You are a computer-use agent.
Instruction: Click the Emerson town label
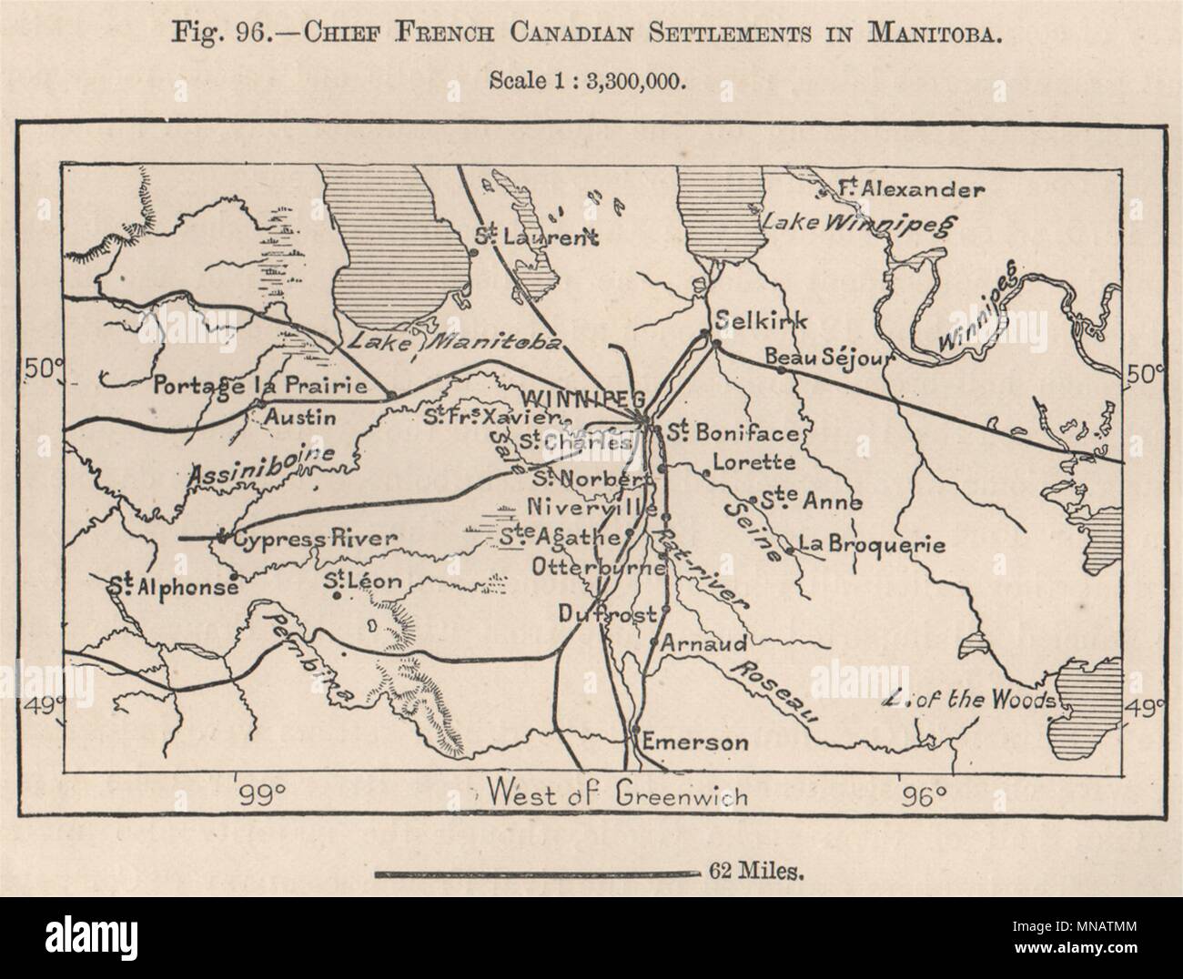[x=695, y=742]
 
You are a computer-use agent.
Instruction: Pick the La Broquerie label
[x=871, y=546]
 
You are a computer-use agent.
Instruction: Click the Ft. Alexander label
[x=911, y=190]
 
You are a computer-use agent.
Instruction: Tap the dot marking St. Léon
[x=338, y=596]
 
